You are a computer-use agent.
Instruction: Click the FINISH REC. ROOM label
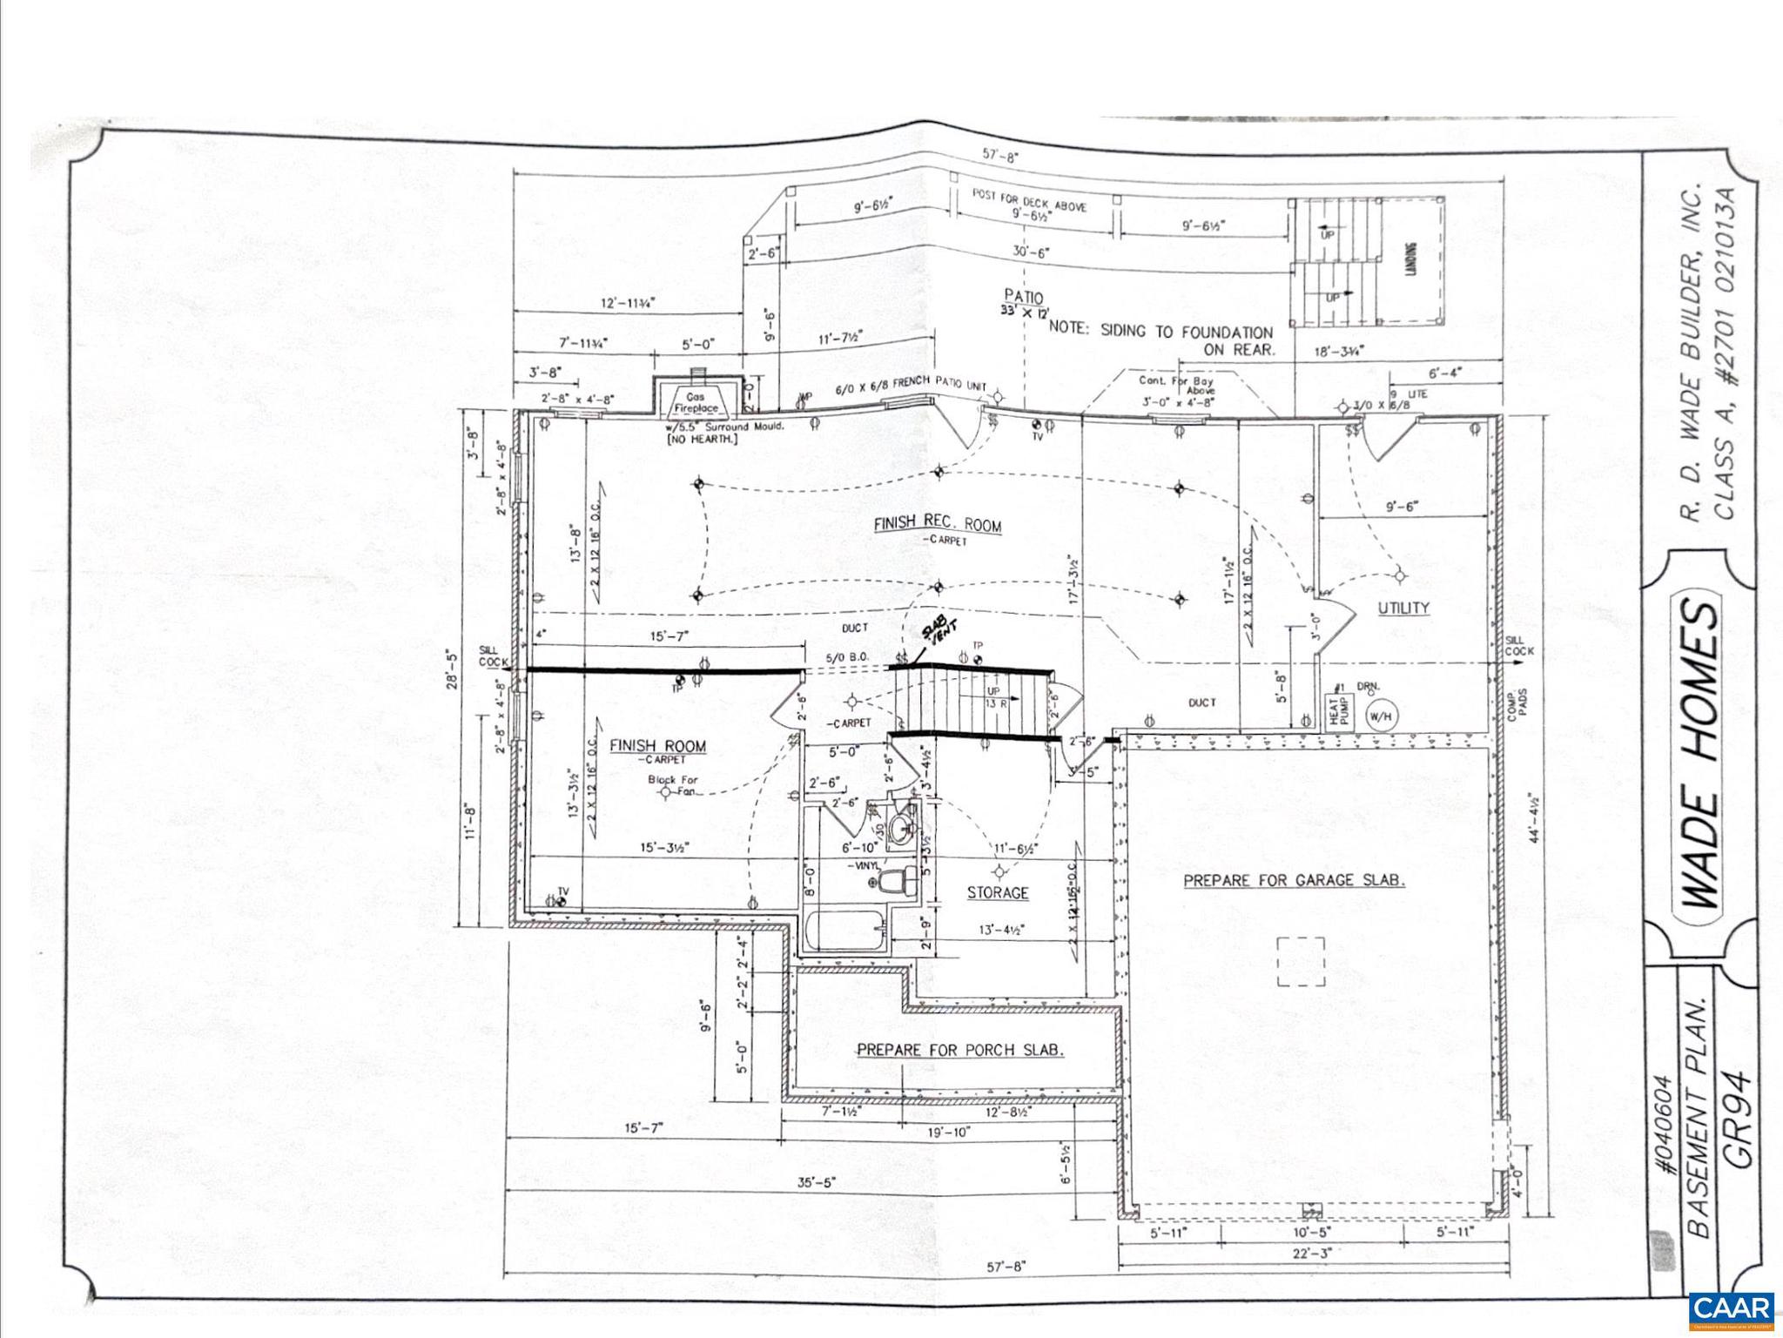[938, 524]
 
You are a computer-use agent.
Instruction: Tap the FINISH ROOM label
[657, 746]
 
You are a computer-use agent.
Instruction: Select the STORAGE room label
[998, 893]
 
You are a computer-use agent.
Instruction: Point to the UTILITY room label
[1403, 608]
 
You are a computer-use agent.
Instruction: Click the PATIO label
[1024, 297]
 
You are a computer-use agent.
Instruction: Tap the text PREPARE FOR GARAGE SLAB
[1294, 880]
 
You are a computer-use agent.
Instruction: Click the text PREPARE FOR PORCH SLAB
[959, 1050]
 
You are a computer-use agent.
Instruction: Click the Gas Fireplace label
[696, 402]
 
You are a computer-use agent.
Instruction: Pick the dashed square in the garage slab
[1301, 961]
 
